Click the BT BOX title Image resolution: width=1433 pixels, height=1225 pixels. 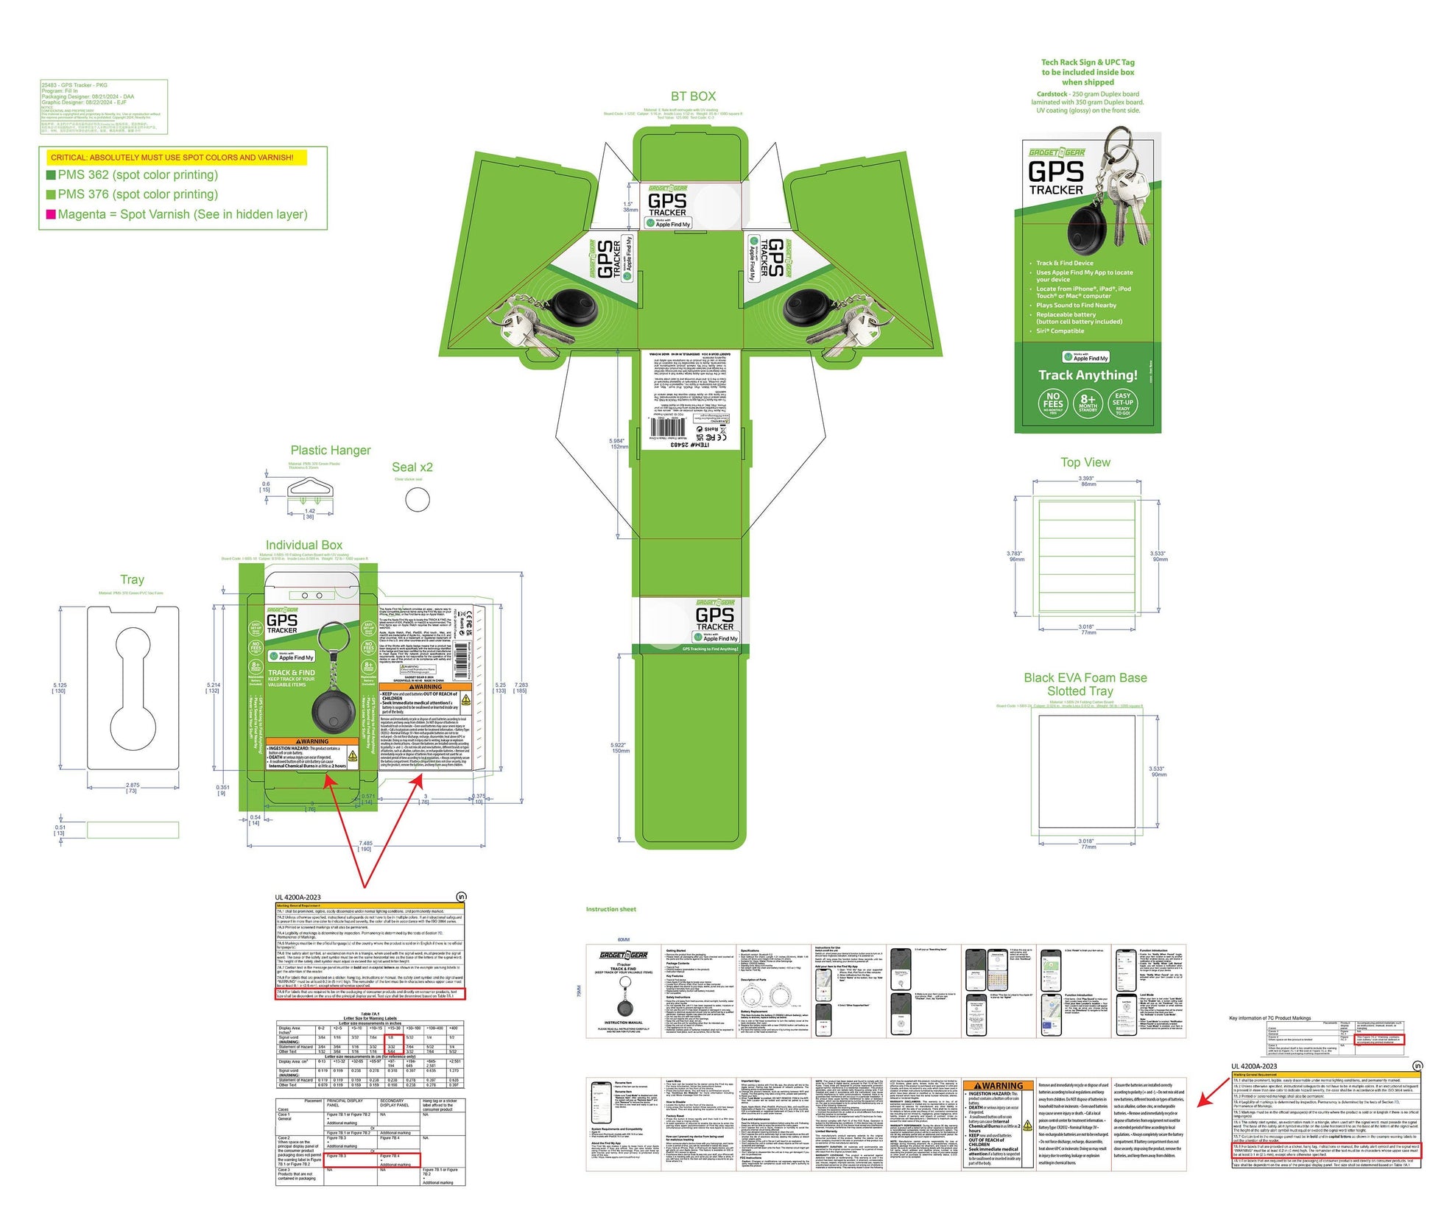click(x=692, y=96)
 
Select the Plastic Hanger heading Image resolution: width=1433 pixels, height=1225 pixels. click(x=331, y=451)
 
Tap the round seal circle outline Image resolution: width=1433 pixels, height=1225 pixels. click(x=418, y=500)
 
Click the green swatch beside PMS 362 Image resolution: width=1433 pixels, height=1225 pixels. click(x=51, y=175)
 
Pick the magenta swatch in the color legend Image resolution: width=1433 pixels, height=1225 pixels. click(x=51, y=214)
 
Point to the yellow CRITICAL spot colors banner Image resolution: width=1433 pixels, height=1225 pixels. click(x=172, y=158)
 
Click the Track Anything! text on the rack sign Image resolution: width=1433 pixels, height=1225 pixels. click(x=1088, y=375)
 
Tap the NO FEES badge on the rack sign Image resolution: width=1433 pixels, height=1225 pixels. click(x=1053, y=403)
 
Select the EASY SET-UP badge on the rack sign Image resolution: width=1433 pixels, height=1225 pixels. click(x=1122, y=403)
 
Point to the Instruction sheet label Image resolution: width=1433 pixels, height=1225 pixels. click(x=610, y=909)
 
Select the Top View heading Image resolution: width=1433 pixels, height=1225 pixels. click(x=1085, y=462)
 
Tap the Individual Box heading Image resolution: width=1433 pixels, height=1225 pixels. click(x=304, y=546)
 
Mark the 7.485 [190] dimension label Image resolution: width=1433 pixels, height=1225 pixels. click(x=365, y=846)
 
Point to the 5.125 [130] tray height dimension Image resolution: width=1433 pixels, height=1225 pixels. click(x=60, y=688)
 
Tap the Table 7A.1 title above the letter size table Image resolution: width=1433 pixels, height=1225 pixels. click(x=370, y=1014)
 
